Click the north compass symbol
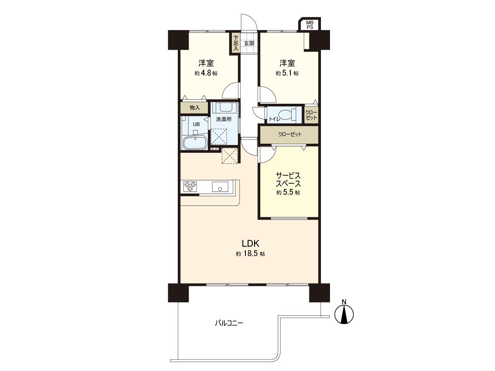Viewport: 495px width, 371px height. [x=345, y=314]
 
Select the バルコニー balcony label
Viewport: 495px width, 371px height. [x=229, y=323]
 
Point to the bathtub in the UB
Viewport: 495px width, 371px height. [x=194, y=143]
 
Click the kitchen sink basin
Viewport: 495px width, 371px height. [x=220, y=187]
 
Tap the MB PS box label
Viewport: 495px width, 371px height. [x=309, y=25]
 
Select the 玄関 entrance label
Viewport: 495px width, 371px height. [x=249, y=43]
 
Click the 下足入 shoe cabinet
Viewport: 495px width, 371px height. [x=236, y=43]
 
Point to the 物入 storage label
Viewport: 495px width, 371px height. [x=195, y=108]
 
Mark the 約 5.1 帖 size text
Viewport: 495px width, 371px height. [x=288, y=73]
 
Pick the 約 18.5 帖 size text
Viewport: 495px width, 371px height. [x=250, y=254]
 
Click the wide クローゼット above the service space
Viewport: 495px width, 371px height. [x=289, y=134]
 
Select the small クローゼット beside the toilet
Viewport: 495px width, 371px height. [x=311, y=115]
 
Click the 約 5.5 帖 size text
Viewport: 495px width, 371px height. [x=288, y=193]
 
